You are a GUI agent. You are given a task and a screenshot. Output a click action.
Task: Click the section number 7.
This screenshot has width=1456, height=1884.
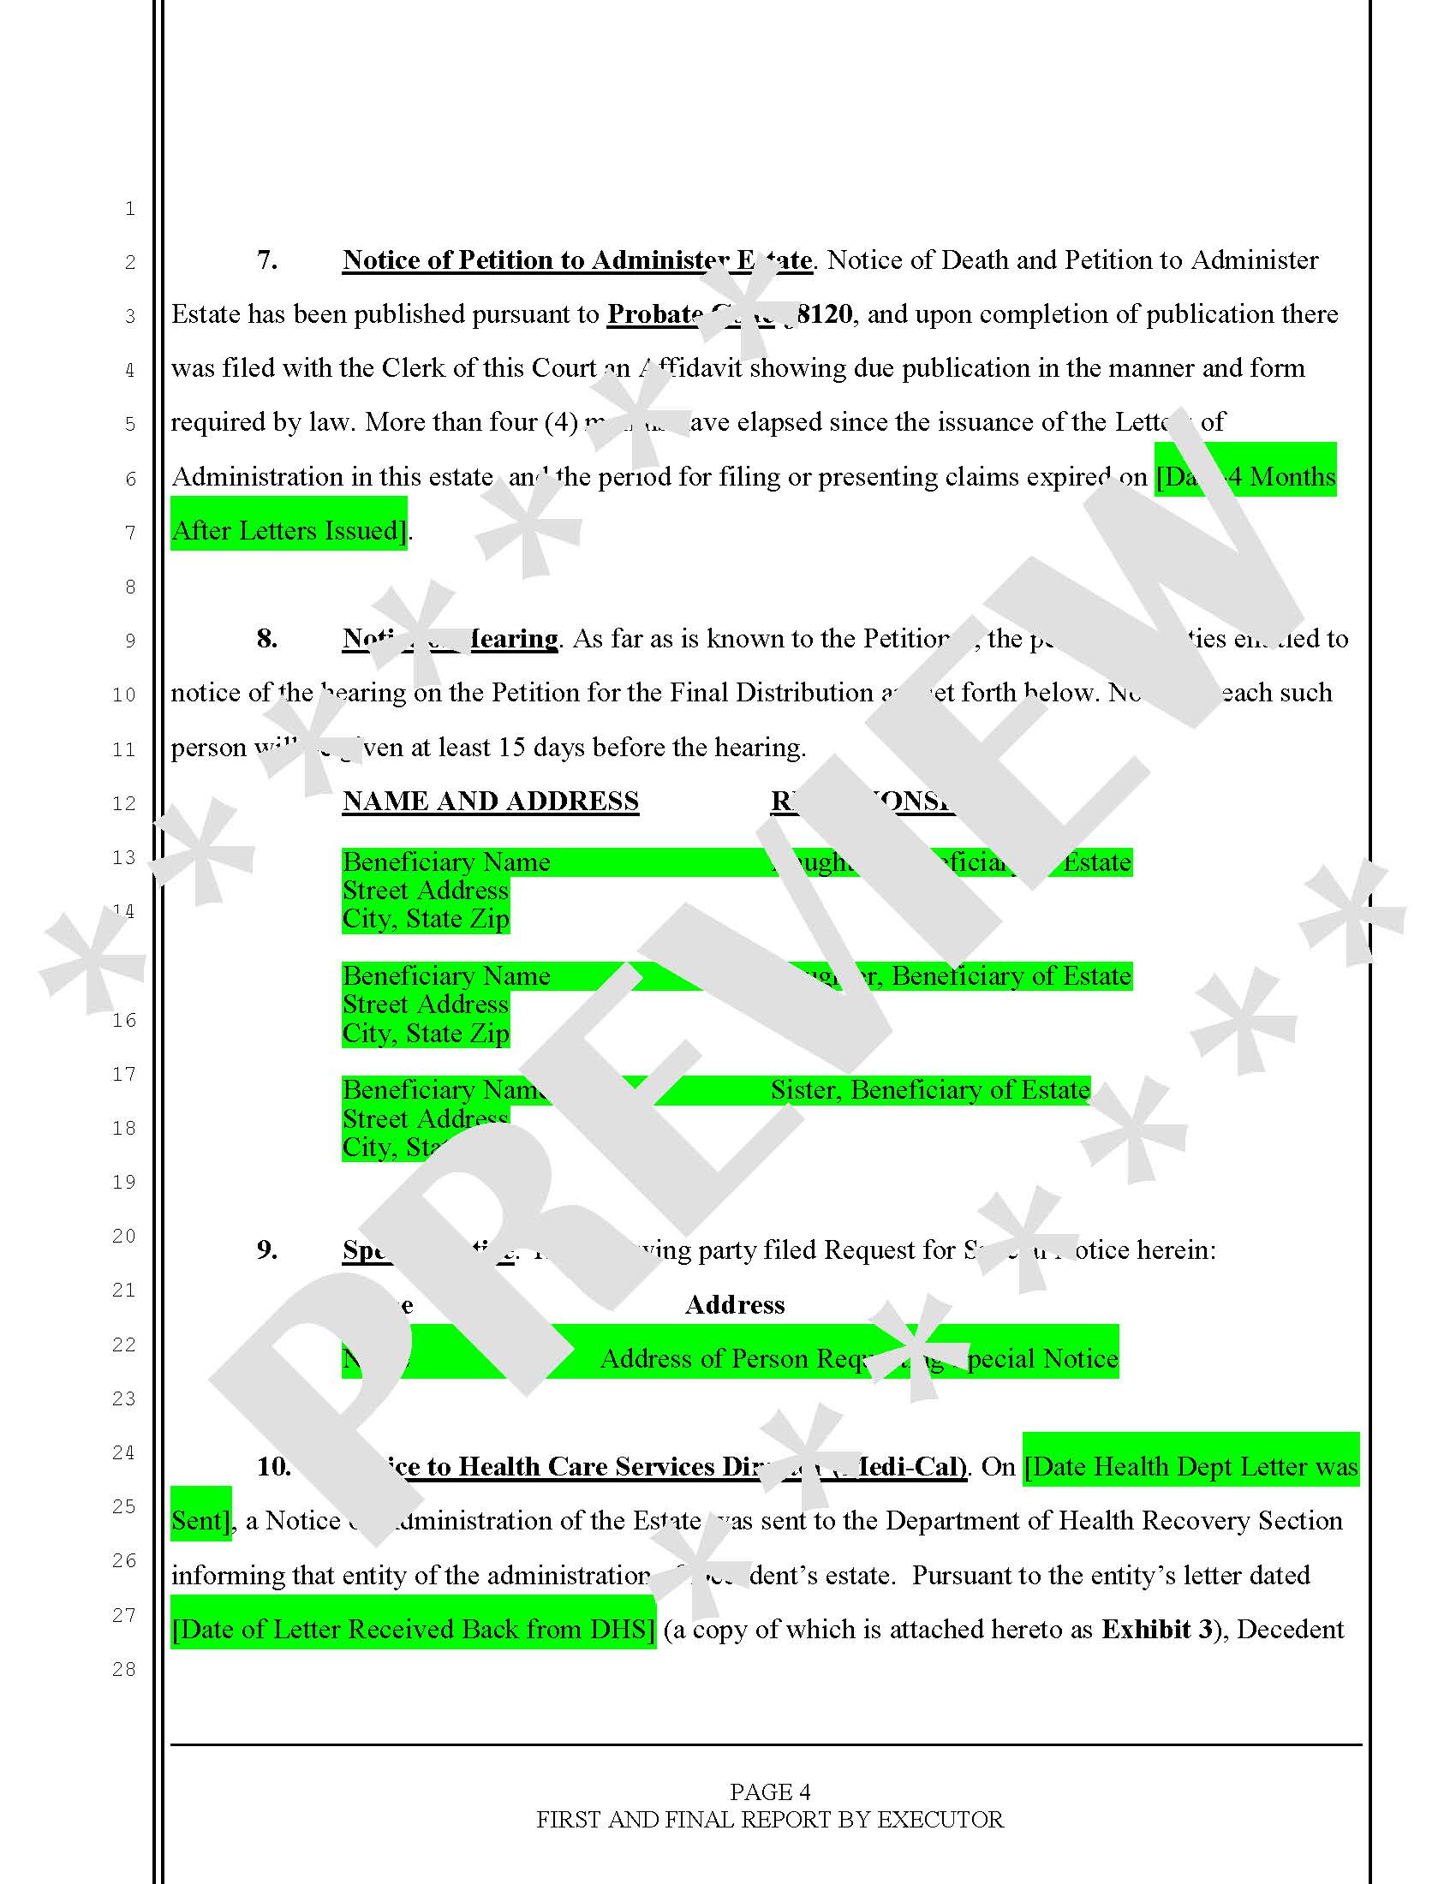coord(266,259)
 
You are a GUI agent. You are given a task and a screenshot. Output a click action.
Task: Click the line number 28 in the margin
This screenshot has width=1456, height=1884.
coord(124,1669)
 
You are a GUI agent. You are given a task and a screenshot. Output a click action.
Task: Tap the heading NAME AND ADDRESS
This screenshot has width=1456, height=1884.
coord(490,801)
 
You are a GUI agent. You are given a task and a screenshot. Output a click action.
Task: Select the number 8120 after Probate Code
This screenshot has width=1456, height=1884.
coord(825,314)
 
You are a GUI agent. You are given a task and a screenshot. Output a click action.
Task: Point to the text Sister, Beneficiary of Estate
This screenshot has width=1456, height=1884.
coord(930,1089)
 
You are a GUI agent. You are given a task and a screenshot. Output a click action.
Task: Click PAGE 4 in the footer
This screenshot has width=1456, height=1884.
coord(769,1792)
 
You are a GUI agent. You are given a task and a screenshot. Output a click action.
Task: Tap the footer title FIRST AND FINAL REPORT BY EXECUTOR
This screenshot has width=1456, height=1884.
coord(769,1819)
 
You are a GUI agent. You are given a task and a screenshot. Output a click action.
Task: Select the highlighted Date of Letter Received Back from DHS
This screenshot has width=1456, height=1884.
coord(413,1629)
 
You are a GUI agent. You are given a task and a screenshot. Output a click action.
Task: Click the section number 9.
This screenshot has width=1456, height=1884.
coord(266,1249)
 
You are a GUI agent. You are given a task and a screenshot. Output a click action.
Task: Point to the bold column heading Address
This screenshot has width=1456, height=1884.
coord(734,1304)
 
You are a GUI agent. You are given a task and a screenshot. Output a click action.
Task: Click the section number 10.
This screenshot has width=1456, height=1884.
coord(273,1466)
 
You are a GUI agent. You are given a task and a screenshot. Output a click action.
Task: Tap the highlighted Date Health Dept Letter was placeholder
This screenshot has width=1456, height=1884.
coord(1190,1466)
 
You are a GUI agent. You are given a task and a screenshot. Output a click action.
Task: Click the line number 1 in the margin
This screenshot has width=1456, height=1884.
coord(129,208)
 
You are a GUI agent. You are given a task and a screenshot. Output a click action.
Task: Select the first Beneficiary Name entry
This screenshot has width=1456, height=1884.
coord(446,862)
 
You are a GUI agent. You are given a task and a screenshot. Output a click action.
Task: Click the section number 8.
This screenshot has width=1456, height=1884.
coord(266,638)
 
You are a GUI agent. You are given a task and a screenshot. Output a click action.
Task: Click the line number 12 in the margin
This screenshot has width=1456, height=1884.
coord(124,803)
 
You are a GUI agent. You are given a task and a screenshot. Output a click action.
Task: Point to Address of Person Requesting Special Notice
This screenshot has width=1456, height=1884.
coord(858,1359)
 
